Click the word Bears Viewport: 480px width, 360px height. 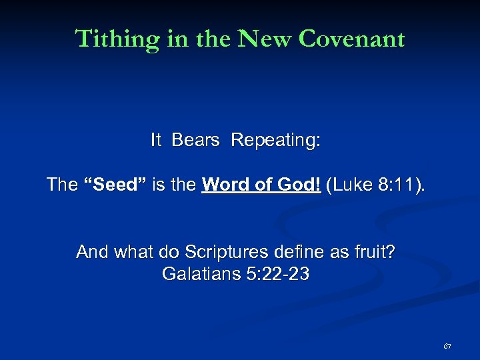point(195,140)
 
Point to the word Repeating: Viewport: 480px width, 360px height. point(276,140)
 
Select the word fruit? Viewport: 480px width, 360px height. point(374,252)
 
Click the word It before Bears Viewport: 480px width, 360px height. point(156,140)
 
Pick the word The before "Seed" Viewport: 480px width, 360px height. point(62,184)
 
